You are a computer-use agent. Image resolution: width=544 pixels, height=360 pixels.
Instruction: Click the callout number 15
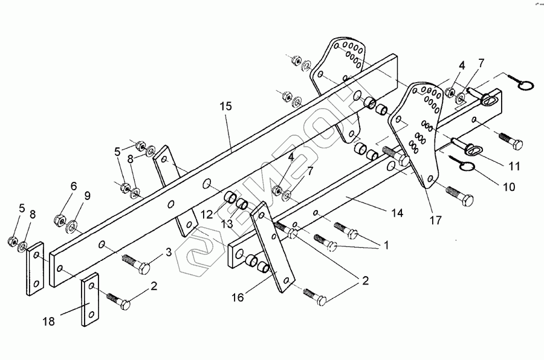[x=225, y=106]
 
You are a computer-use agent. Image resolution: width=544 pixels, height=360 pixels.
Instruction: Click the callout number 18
[x=49, y=321]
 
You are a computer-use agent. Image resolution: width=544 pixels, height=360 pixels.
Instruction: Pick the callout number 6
[x=74, y=186]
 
